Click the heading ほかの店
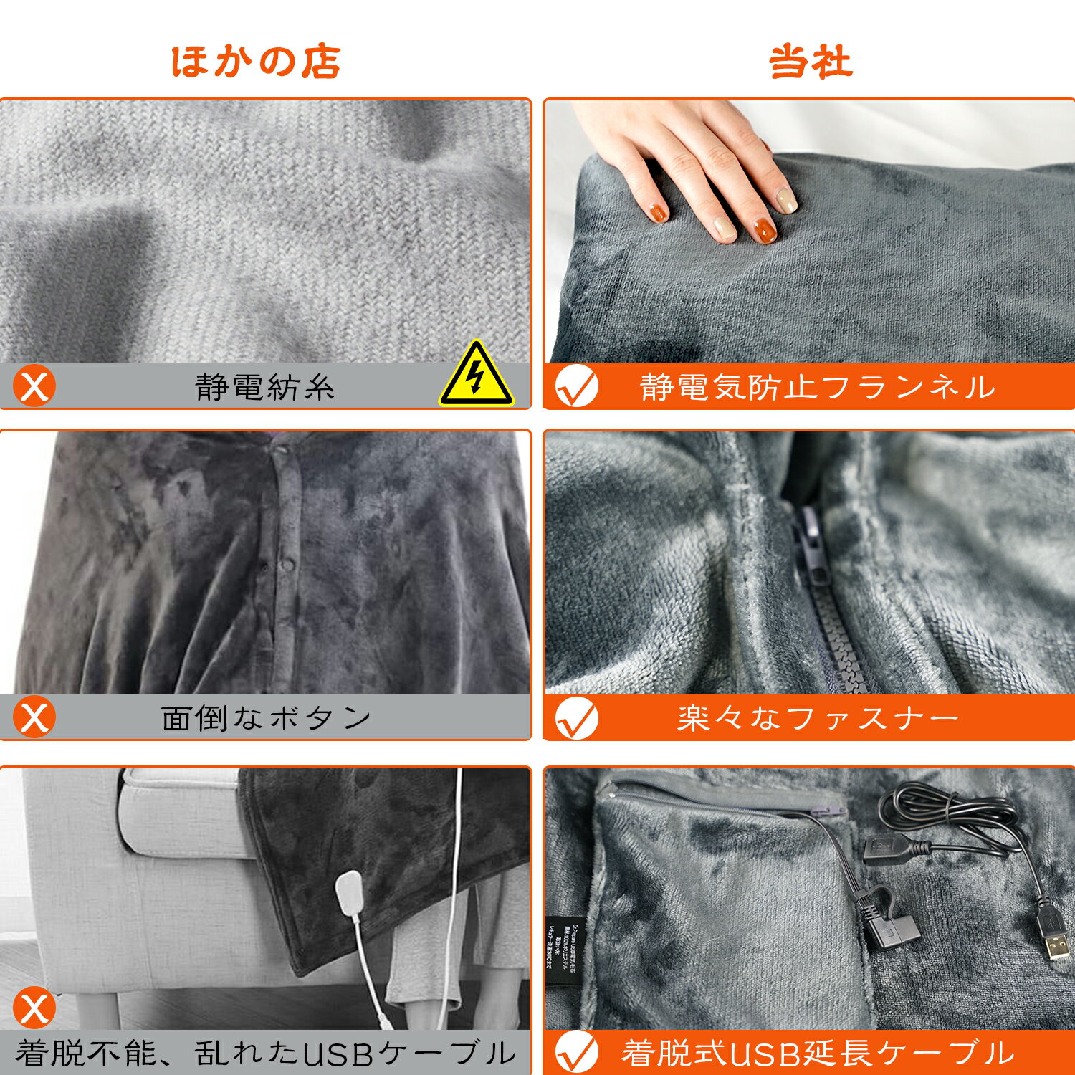(256, 62)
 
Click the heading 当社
(811, 62)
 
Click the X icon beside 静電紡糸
(34, 387)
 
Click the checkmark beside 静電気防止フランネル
(577, 387)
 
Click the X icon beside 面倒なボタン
(34, 717)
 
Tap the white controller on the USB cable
(351, 893)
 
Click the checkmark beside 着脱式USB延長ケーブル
(577, 1052)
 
